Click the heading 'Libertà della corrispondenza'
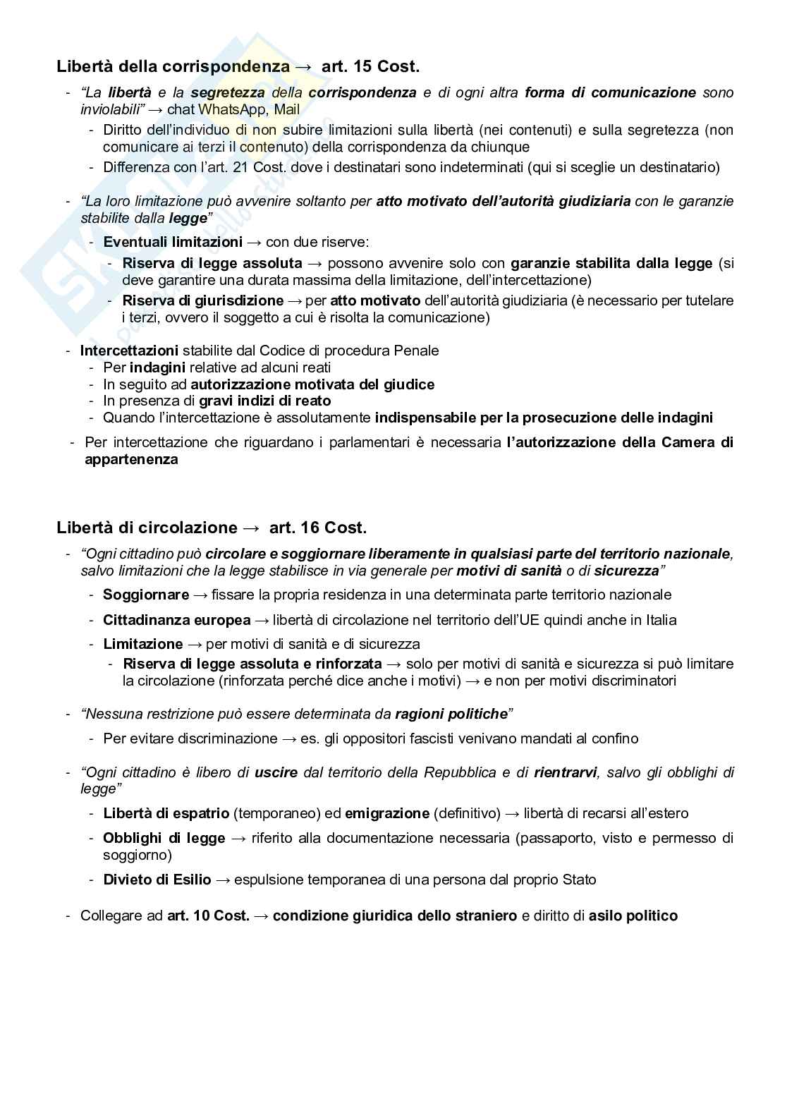pos(173,67)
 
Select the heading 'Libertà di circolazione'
pos(147,528)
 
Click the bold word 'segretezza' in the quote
pos(228,92)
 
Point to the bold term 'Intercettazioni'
pos(129,351)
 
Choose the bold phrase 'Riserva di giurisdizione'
pos(202,300)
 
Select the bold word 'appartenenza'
pos(131,459)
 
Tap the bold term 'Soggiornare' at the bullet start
pos(146,595)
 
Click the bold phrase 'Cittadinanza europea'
pos(177,620)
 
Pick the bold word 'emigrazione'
pos(386,813)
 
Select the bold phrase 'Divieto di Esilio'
pos(157,880)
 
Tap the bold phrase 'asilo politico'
pos(633,916)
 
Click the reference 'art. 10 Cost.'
pos(208,916)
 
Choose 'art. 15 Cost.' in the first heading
pos(370,67)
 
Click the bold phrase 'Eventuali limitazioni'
pos(173,242)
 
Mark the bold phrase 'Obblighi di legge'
pos(164,838)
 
